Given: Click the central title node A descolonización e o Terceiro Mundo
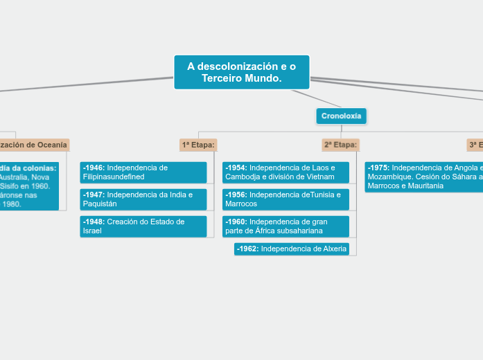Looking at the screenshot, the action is pos(241,72).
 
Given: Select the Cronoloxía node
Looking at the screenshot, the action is pos(341,116).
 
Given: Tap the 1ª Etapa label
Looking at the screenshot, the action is pos(198,145).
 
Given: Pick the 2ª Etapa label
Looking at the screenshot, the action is pos(340,145).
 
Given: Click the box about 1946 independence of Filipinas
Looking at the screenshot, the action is pos(143,172).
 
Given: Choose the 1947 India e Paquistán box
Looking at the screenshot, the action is pos(143,199).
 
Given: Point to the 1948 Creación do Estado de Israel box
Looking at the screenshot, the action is pos(143,226).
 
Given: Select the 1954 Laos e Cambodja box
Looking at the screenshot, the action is pos(285,172).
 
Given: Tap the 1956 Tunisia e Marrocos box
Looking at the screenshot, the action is pos(285,199).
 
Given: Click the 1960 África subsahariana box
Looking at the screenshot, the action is pos(285,226).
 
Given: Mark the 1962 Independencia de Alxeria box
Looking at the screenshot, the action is pos(291,249).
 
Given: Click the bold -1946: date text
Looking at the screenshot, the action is pos(94,168).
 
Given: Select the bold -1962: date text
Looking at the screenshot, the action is pos(247,249).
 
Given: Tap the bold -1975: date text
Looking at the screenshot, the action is pos(378,168).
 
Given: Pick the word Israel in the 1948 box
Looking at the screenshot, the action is pos(93,231).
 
